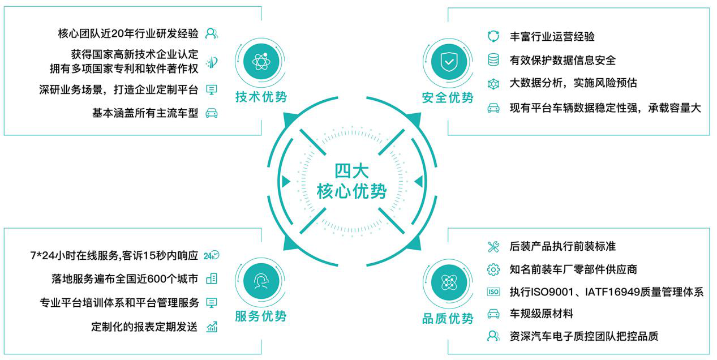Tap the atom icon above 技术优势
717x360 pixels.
tap(261, 62)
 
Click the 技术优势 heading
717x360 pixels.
tap(261, 97)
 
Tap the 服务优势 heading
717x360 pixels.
tap(261, 316)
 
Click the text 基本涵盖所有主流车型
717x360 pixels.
tap(145, 113)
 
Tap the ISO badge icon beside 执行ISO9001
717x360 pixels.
tap(493, 292)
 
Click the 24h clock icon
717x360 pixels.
tap(211, 255)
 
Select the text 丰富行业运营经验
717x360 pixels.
tap(552, 37)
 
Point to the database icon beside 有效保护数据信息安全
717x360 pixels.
tap(493, 59)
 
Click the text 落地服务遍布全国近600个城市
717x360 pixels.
tap(125, 278)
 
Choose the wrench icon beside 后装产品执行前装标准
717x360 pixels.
tap(493, 246)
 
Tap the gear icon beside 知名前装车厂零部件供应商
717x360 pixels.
tap(493, 269)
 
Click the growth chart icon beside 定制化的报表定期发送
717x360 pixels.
tap(212, 327)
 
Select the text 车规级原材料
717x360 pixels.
tap(542, 314)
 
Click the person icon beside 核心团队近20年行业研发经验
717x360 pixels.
tap(211, 33)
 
